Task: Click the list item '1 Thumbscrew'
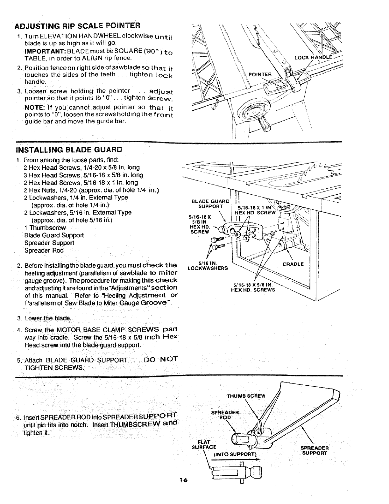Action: (x=45, y=228)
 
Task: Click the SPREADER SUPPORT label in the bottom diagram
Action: (x=315, y=450)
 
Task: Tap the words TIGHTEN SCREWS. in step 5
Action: (x=54, y=368)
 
